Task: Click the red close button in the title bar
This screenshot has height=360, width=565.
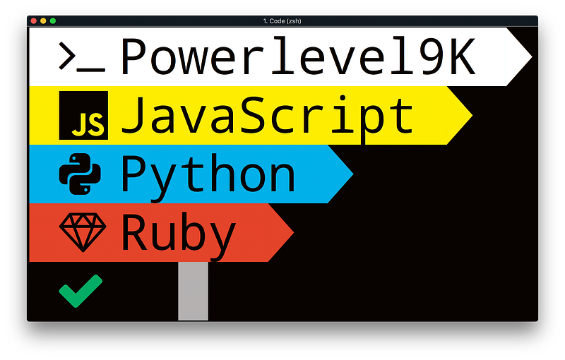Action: pos(33,21)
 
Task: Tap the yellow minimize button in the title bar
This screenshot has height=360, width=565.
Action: pos(43,21)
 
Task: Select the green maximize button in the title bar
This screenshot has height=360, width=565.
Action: pos(52,21)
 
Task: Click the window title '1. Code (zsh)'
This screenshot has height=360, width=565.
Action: pos(282,21)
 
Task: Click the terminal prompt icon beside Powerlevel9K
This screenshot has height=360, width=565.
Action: pos(82,58)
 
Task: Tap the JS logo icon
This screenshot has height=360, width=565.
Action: pos(83,115)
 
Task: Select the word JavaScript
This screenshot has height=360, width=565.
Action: pos(267,115)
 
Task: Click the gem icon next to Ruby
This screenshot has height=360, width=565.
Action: pos(83,231)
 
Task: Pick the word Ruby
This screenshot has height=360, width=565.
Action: pos(178,233)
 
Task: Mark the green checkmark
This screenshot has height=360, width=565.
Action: pos(81,291)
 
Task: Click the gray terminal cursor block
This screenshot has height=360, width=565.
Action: pos(193,291)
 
